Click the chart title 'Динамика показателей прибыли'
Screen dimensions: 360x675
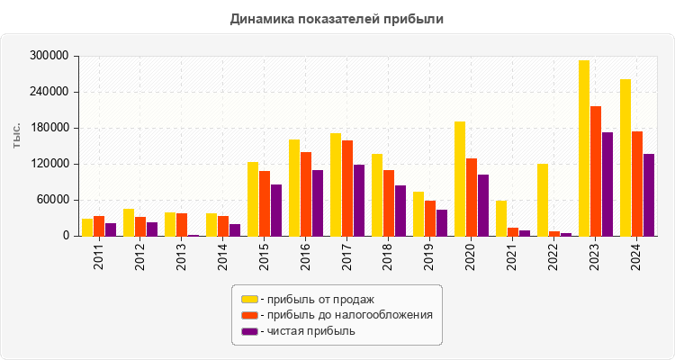point(337,18)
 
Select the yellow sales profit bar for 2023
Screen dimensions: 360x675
point(584,148)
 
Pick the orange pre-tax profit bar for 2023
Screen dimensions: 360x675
point(596,171)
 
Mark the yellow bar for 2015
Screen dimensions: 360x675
point(253,199)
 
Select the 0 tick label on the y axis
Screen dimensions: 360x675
point(66,236)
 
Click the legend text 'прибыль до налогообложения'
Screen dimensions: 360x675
point(346,315)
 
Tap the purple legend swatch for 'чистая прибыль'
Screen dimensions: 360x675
point(249,331)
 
